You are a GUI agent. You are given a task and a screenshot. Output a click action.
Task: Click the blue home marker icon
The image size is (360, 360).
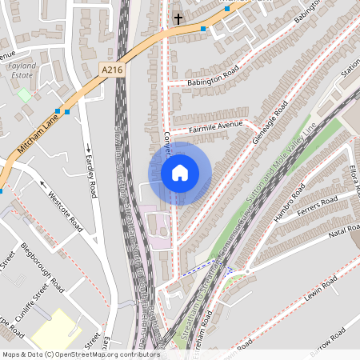pyautogui.click(x=180, y=173)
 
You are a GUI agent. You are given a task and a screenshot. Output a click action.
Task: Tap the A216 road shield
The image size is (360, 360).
pyautogui.click(x=113, y=70)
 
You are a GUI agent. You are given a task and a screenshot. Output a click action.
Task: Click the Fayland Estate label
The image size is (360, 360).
pyautogui.click(x=24, y=75)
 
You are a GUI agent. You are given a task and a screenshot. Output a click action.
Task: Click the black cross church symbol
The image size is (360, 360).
pyautogui.click(x=178, y=17)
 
